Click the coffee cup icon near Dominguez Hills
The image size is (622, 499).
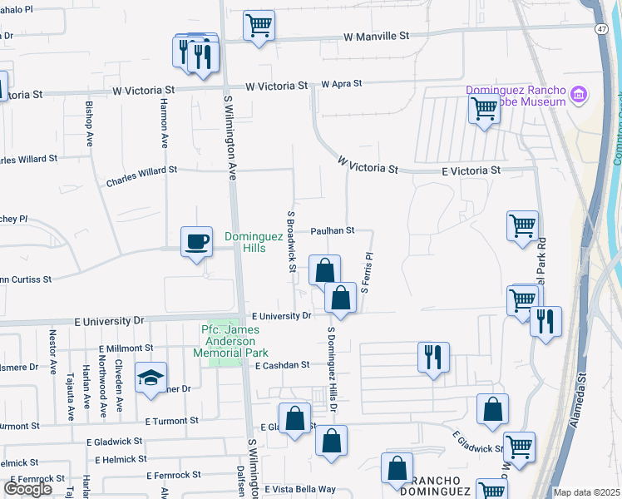coord(196,242)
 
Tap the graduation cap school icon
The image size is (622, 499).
coord(151,378)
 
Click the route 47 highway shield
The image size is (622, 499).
coord(600,28)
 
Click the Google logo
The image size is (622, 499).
coord(27,489)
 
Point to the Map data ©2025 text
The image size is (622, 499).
coord(586,492)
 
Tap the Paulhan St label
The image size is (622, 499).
coord(333,230)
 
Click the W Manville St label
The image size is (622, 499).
coord(378,37)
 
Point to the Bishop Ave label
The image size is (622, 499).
coord(89,123)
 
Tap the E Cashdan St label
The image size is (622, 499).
coord(283,365)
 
